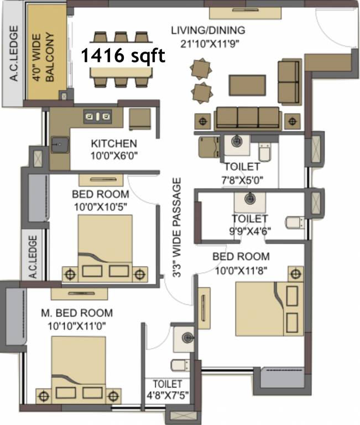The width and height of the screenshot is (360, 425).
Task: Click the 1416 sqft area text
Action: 123,55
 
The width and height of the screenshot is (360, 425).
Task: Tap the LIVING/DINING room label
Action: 208,30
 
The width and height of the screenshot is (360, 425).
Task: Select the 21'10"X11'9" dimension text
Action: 210,43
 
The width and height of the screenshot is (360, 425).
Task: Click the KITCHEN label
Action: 114,143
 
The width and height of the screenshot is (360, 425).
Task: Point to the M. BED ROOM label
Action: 77,313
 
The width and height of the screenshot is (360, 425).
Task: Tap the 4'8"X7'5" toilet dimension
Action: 168,396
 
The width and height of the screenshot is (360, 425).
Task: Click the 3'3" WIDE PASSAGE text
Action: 176,227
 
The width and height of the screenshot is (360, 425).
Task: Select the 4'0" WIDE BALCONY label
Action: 43,57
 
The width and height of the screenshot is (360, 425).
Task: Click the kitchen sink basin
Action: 60,145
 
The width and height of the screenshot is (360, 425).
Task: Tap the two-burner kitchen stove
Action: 97,117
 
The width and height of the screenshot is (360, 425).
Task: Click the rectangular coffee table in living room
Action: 247,85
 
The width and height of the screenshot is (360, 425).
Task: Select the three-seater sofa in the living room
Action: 247,118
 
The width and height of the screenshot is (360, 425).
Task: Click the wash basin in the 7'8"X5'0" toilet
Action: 237,142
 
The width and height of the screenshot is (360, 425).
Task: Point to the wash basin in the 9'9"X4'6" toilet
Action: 250,199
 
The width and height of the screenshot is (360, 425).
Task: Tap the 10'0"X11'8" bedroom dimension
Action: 241,270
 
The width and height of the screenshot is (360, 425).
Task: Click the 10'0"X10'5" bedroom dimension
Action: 101,207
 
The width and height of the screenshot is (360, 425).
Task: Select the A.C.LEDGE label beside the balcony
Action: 14,53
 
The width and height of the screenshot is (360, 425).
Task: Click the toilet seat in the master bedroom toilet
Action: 181,365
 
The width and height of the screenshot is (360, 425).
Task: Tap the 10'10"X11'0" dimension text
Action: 77,326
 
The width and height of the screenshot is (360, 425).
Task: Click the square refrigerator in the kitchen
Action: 139,120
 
